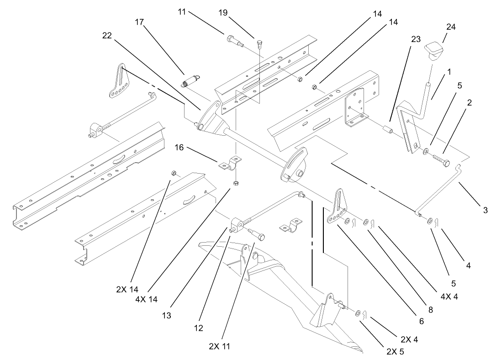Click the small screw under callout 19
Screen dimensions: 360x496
[x=259, y=44]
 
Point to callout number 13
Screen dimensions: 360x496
[x=167, y=315]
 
